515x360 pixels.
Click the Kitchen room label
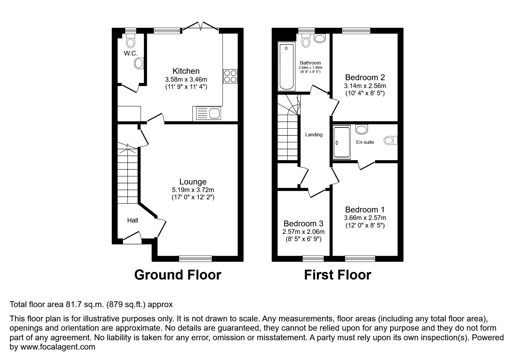[x=186, y=71]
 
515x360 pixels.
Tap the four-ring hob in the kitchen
[x=230, y=76]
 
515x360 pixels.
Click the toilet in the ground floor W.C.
[x=131, y=41]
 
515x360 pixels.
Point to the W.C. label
[x=131, y=53]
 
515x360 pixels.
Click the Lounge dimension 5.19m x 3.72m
[x=193, y=190]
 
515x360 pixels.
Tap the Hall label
[x=133, y=221]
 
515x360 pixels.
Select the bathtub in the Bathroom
[x=286, y=66]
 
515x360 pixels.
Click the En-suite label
[x=365, y=142]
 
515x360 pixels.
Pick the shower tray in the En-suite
[x=342, y=142]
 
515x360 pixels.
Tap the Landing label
[x=314, y=135]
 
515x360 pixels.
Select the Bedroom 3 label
[x=303, y=224]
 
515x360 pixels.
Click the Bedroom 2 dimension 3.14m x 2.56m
[x=365, y=86]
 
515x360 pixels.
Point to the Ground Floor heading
[x=178, y=275]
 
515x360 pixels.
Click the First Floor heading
[x=338, y=275]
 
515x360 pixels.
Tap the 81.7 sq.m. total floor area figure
[x=84, y=305]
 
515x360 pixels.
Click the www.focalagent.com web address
[x=58, y=347]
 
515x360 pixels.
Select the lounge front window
[x=195, y=258]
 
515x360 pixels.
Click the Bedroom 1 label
[x=365, y=210]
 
